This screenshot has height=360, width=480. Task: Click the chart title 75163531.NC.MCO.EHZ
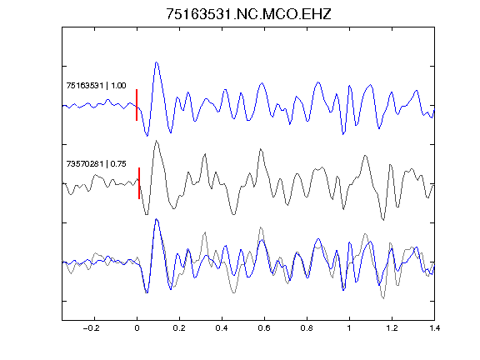[x=248, y=14]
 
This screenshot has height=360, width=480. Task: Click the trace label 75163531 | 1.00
[x=96, y=85]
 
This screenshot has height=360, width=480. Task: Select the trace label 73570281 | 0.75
[x=96, y=164]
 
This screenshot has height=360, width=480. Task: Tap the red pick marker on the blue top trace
[x=137, y=105]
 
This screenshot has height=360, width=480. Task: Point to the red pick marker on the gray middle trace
[x=139, y=183]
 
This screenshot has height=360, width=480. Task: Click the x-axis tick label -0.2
[x=91, y=328]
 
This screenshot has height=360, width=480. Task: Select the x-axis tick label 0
[x=137, y=328]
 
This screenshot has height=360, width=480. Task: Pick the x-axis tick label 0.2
[x=179, y=328]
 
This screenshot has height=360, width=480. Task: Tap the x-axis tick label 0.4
[x=222, y=328]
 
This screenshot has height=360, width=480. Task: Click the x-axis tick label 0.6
[x=264, y=328]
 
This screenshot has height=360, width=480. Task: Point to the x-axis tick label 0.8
[x=307, y=328]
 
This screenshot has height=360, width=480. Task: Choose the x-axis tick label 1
[x=349, y=328]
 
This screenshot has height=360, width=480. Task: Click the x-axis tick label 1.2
[x=392, y=328]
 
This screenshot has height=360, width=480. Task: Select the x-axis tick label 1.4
[x=434, y=328]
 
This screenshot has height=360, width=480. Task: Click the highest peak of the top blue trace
[x=157, y=62]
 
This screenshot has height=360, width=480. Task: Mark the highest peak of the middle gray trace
[x=157, y=141]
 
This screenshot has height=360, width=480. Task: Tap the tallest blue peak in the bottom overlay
[x=157, y=219]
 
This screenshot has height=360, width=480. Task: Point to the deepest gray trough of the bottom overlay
[x=383, y=297]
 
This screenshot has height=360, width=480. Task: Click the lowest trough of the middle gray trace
[x=383, y=219]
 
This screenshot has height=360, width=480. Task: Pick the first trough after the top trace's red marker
[x=147, y=136]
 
